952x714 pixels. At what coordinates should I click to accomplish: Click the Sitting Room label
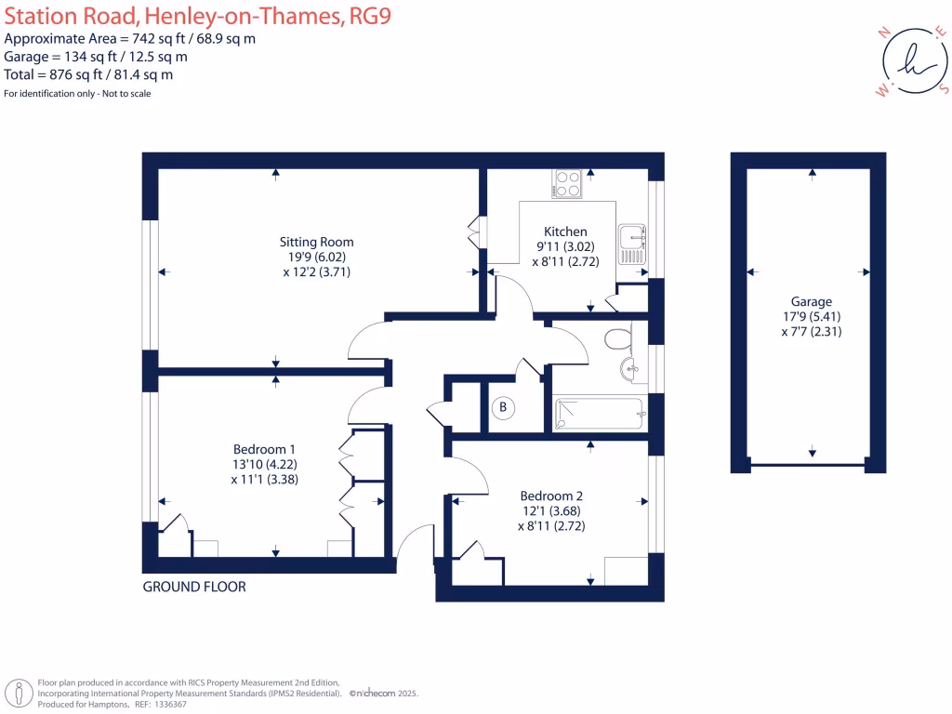316,242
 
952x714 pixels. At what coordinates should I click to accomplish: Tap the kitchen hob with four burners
567,183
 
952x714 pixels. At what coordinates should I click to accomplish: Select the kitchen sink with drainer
632,245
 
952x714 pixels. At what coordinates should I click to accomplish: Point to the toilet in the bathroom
618,338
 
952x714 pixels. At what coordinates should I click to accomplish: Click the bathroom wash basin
630,368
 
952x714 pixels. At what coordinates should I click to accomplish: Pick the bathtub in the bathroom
600,414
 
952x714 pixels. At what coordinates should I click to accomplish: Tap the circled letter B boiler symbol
503,407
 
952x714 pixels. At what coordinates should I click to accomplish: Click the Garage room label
811,302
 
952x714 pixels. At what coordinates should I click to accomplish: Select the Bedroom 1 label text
264,449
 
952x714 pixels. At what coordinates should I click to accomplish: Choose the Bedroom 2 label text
551,496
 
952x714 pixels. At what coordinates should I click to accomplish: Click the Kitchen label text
565,231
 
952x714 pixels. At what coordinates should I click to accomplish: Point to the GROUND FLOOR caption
194,587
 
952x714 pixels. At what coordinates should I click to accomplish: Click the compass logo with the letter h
915,60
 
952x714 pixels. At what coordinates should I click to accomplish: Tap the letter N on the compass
885,33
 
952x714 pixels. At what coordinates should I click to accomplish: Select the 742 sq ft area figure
158,39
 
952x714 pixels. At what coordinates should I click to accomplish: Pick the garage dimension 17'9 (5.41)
812,316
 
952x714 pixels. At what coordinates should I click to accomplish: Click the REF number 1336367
170,705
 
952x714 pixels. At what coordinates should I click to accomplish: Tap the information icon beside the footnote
20,694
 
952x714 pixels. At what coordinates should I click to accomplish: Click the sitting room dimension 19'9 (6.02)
317,257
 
